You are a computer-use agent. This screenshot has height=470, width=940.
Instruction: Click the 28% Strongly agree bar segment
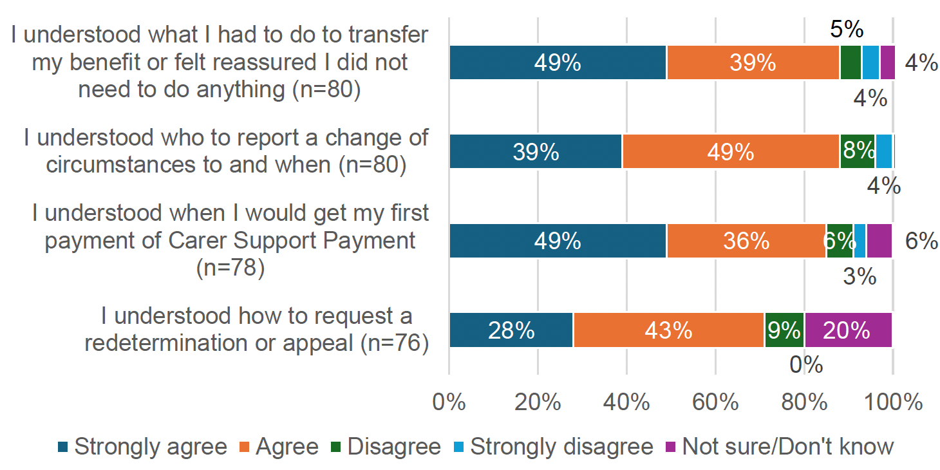click(511, 330)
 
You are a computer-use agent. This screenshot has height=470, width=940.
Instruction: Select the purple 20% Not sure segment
click(848, 330)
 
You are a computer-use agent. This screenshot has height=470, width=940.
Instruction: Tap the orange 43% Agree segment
click(668, 330)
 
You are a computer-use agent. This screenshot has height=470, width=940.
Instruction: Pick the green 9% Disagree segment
click(784, 330)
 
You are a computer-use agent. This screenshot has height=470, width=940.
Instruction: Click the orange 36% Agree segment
click(746, 241)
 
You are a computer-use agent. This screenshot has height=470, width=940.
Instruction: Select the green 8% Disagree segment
click(857, 151)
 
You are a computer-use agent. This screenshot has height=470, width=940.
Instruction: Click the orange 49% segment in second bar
click(731, 151)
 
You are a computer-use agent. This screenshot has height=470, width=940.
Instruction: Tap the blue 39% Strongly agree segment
click(536, 151)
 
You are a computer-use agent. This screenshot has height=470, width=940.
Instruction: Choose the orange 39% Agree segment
click(753, 63)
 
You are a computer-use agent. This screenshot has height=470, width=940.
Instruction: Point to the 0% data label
click(806, 365)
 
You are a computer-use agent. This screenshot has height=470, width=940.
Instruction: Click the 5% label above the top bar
click(845, 29)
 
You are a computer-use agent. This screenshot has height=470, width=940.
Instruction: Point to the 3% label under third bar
click(860, 276)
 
